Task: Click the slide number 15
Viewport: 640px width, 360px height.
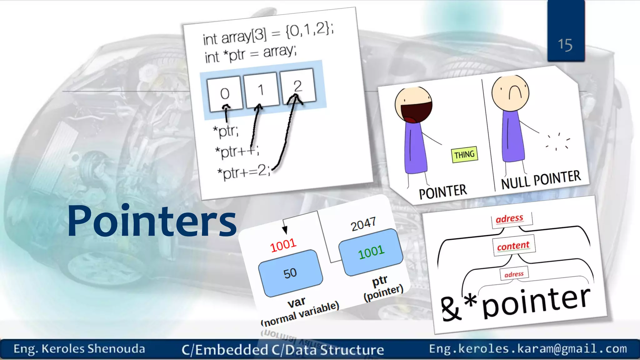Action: [x=565, y=45]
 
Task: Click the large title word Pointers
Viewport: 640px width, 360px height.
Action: [x=152, y=221]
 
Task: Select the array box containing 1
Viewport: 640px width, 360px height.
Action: [x=261, y=90]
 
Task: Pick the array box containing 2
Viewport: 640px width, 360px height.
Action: [x=298, y=86]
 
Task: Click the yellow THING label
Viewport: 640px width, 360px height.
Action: [x=464, y=155]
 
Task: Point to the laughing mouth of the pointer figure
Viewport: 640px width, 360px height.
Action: [x=415, y=112]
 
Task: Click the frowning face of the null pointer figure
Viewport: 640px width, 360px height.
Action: [x=510, y=93]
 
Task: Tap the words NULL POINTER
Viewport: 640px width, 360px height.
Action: [x=541, y=179]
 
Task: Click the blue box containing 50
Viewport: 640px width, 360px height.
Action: [x=290, y=273]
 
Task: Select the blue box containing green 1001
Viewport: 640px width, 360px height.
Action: [x=371, y=252]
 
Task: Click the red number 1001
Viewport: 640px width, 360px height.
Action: [x=283, y=245]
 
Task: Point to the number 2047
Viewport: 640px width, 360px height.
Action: [x=363, y=224]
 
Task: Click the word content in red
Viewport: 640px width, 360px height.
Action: [x=513, y=246]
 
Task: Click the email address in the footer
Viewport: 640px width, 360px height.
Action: [x=528, y=349]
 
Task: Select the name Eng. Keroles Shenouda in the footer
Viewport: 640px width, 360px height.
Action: [x=79, y=349]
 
